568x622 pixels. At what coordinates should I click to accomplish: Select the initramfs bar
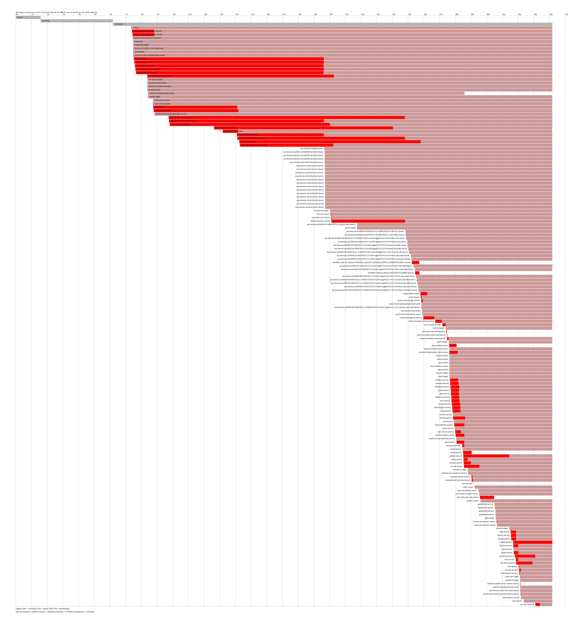click(76, 21)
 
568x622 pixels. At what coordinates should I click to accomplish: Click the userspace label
click(119, 24)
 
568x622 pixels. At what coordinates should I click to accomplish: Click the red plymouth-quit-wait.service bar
click(487, 497)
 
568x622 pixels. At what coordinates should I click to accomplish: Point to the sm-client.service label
click(527, 604)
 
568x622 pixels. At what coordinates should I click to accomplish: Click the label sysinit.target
click(442, 342)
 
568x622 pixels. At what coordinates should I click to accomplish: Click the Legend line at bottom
click(43, 609)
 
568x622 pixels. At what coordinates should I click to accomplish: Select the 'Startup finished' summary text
click(55, 612)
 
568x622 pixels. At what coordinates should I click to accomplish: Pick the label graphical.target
click(512, 580)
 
